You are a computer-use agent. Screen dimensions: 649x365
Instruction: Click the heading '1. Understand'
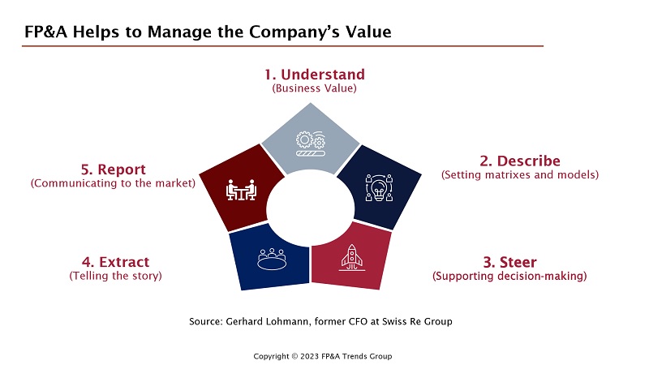(x=315, y=75)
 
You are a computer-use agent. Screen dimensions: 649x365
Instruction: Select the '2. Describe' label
(x=520, y=161)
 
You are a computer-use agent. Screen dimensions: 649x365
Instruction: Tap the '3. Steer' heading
(x=509, y=262)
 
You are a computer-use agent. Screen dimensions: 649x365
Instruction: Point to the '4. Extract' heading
(x=115, y=262)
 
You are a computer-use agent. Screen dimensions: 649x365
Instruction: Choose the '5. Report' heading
(x=113, y=170)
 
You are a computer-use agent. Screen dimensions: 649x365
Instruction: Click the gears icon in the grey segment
(x=311, y=144)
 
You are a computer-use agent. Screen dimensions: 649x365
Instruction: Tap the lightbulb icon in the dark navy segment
(x=379, y=188)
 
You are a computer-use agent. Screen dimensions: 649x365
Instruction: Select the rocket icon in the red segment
(x=352, y=257)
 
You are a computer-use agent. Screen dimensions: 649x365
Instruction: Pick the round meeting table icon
(x=272, y=259)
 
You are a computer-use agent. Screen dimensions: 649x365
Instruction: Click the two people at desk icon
(x=241, y=190)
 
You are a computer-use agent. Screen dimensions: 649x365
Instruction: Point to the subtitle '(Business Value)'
(x=314, y=88)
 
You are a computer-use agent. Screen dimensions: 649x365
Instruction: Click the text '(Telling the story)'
(x=115, y=276)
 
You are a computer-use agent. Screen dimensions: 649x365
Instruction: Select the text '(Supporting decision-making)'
(x=509, y=276)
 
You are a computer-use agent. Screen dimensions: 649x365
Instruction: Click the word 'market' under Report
(x=173, y=183)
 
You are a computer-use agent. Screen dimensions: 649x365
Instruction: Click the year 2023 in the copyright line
(x=309, y=356)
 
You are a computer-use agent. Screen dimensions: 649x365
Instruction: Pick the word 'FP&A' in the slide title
(x=45, y=32)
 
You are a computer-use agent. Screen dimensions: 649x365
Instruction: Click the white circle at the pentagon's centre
(x=311, y=208)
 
